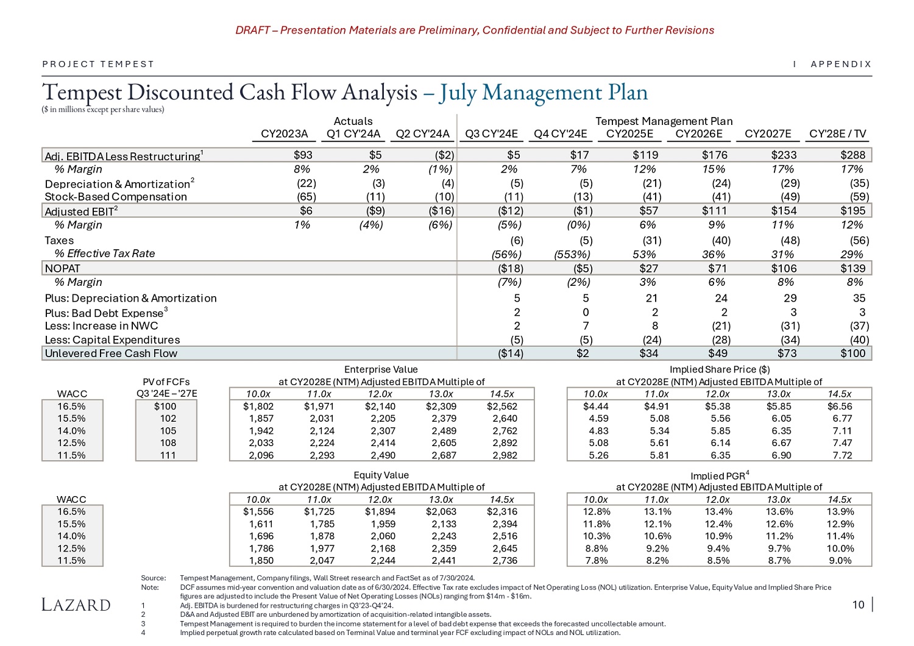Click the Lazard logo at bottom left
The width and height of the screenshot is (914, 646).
tap(76, 605)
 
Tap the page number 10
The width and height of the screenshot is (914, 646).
tap(858, 605)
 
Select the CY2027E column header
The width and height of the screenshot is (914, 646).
tap(768, 134)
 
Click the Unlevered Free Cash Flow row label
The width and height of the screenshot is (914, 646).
tap(111, 353)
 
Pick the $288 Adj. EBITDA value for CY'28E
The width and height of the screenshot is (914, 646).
tap(852, 155)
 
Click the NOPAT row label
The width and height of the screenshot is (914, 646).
tap(63, 268)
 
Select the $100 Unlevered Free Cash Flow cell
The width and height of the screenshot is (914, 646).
tap(852, 353)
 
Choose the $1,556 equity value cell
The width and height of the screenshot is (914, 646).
tap(258, 512)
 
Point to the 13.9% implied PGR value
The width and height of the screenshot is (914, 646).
tap(838, 512)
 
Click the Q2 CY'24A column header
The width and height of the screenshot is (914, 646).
tap(422, 134)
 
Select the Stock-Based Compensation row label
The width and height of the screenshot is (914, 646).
tap(116, 197)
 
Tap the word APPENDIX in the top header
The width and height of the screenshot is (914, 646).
tap(841, 64)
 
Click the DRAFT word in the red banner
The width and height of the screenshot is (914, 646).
tap(252, 30)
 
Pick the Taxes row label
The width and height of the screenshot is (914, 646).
tap(59, 241)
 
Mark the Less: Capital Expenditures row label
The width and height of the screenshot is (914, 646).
tap(112, 340)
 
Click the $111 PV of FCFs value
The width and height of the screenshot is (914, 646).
tap(168, 455)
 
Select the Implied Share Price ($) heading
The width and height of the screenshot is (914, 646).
tap(719, 369)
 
